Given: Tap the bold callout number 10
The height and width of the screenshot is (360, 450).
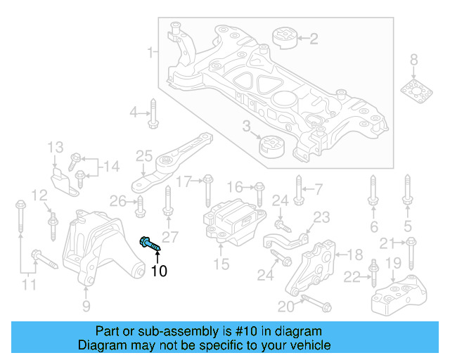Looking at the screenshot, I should [159, 271].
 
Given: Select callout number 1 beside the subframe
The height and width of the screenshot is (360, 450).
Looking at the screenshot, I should [150, 52].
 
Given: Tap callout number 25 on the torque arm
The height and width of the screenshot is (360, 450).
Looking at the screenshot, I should [144, 156].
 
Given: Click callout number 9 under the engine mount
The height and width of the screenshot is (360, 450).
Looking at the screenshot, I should [86, 305].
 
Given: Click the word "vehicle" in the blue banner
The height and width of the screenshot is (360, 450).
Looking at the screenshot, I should [309, 345].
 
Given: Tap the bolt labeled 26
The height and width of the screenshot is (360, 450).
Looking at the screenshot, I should [139, 205].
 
